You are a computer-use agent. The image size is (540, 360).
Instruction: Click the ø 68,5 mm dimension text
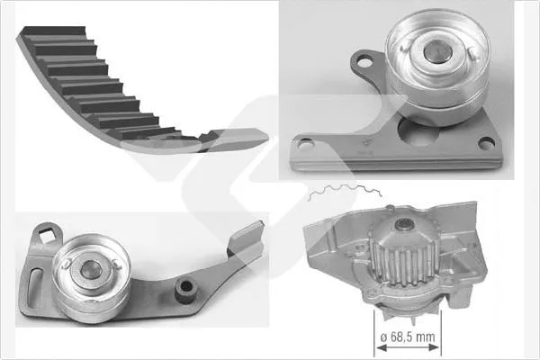click(x=408, y=337)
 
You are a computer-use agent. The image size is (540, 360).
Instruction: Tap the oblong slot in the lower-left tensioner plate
click(x=35, y=286)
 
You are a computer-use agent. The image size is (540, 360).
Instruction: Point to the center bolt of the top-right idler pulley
click(x=435, y=51)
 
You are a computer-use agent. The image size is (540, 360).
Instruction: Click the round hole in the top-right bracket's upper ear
click(x=364, y=63)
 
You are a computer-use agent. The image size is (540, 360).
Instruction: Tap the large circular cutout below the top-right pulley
click(x=418, y=133)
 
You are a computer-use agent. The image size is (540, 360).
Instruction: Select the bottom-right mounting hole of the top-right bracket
click(x=487, y=143)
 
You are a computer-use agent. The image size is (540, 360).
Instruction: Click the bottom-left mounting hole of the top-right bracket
click(x=304, y=143)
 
